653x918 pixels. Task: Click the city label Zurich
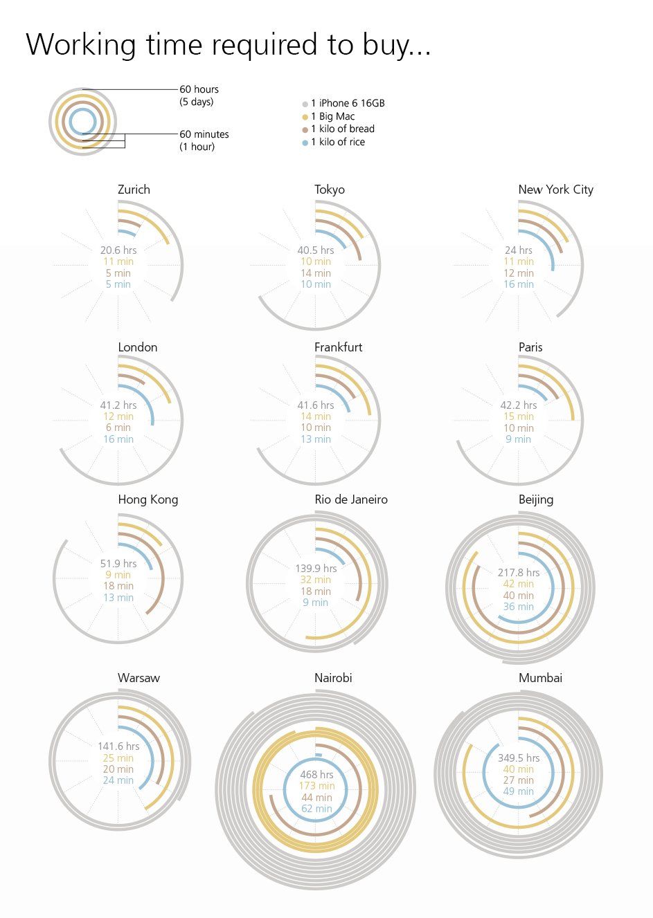click(134, 190)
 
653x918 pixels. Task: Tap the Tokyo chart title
click(329, 190)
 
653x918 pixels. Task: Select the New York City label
click(555, 190)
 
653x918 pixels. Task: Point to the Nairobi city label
click(333, 678)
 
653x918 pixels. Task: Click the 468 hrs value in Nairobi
click(316, 775)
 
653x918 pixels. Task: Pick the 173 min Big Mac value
click(316, 786)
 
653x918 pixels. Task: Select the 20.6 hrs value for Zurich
click(118, 250)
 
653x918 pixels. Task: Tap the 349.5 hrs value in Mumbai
click(519, 758)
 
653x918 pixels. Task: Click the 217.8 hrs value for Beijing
click(519, 573)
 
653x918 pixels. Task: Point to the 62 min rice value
click(316, 809)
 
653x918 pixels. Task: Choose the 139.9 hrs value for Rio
click(316, 569)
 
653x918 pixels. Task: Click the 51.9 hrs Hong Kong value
click(118, 564)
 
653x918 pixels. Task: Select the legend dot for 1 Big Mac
click(305, 117)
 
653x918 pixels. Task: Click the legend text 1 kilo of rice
click(338, 142)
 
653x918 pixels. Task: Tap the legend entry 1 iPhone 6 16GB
click(348, 103)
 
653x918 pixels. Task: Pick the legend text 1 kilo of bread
click(343, 129)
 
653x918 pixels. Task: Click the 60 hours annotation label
click(199, 89)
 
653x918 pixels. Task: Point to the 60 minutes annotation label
click(204, 134)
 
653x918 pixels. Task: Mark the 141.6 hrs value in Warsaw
click(118, 746)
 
